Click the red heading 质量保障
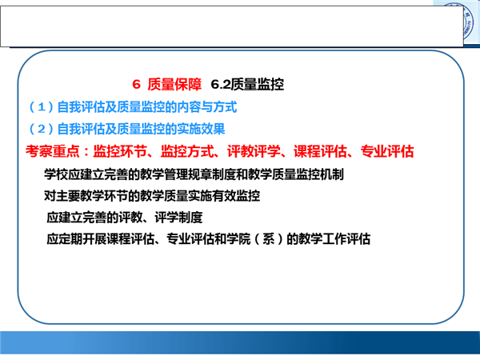point(174,85)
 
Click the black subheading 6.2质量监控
point(247,85)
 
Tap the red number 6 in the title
point(136,85)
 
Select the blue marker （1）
point(41,107)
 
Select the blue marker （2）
point(41,129)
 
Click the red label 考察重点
point(52,151)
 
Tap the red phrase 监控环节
point(120,151)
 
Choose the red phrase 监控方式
point(187,151)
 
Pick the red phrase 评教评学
point(254,151)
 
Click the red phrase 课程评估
point(321,151)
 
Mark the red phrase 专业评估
point(387,151)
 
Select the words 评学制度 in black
point(178,218)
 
